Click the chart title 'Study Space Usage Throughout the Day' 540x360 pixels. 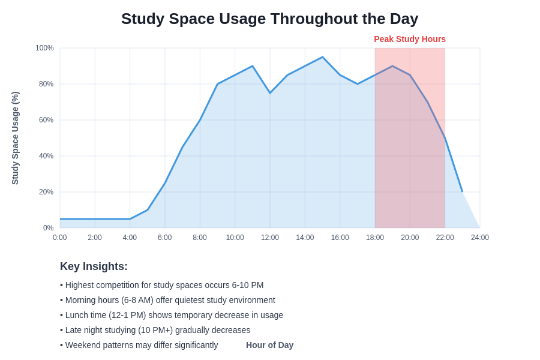point(269,19)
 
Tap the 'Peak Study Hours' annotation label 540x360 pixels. point(410,39)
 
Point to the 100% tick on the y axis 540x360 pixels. point(44,48)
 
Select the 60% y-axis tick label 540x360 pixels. point(46,120)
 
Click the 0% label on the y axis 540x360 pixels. point(48,228)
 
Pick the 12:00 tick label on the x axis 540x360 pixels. point(270,238)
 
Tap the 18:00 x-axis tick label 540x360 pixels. point(375,238)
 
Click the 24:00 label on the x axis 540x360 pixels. point(479,238)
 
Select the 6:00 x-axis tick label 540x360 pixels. point(165,238)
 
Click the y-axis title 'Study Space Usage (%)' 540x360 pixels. point(16,138)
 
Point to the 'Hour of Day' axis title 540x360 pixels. point(269,345)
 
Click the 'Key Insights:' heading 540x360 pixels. point(94,266)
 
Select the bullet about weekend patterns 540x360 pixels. point(139,345)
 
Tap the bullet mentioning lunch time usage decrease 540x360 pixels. point(172,315)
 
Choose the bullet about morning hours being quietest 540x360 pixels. point(167,300)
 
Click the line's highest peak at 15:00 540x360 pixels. point(322,57)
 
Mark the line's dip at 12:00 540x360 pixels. point(270,93)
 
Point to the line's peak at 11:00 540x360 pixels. point(253,66)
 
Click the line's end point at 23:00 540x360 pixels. point(463,192)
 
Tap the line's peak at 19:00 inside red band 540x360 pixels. point(392,66)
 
